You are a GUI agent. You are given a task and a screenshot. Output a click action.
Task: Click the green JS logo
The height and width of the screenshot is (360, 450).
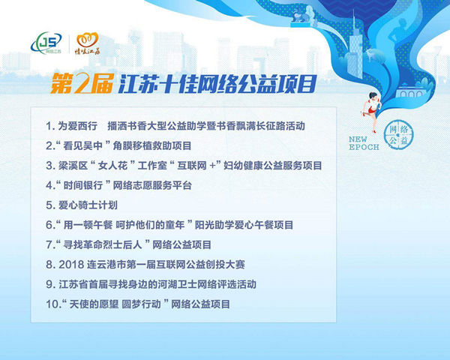coord(46,43)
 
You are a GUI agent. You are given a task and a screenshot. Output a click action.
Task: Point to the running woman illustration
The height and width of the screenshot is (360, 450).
coord(371,112)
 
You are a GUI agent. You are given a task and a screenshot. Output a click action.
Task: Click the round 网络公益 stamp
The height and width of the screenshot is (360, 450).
coord(399,134)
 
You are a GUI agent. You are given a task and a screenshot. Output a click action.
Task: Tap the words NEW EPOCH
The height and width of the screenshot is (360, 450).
coord(364,143)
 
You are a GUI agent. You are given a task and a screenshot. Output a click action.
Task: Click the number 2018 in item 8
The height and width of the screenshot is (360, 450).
coord(71,265)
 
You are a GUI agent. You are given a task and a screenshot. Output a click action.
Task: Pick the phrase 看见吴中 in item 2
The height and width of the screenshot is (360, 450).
coord(83,145)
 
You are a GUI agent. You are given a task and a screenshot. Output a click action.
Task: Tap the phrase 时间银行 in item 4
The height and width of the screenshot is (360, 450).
coord(83,185)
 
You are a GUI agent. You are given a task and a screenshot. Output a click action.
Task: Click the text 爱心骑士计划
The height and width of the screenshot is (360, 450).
coord(88,205)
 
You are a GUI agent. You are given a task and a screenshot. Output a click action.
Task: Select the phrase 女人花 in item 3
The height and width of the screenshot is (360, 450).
coord(112,166)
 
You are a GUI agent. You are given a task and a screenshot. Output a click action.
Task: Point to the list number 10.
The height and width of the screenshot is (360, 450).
coord(52,304)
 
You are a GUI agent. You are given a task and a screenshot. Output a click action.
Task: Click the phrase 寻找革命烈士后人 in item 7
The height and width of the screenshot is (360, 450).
coord(103,245)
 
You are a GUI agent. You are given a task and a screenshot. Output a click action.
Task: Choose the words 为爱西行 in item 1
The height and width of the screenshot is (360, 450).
coord(78,126)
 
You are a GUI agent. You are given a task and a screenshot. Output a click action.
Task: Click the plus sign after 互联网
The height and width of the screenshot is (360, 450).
coord(212,166)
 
